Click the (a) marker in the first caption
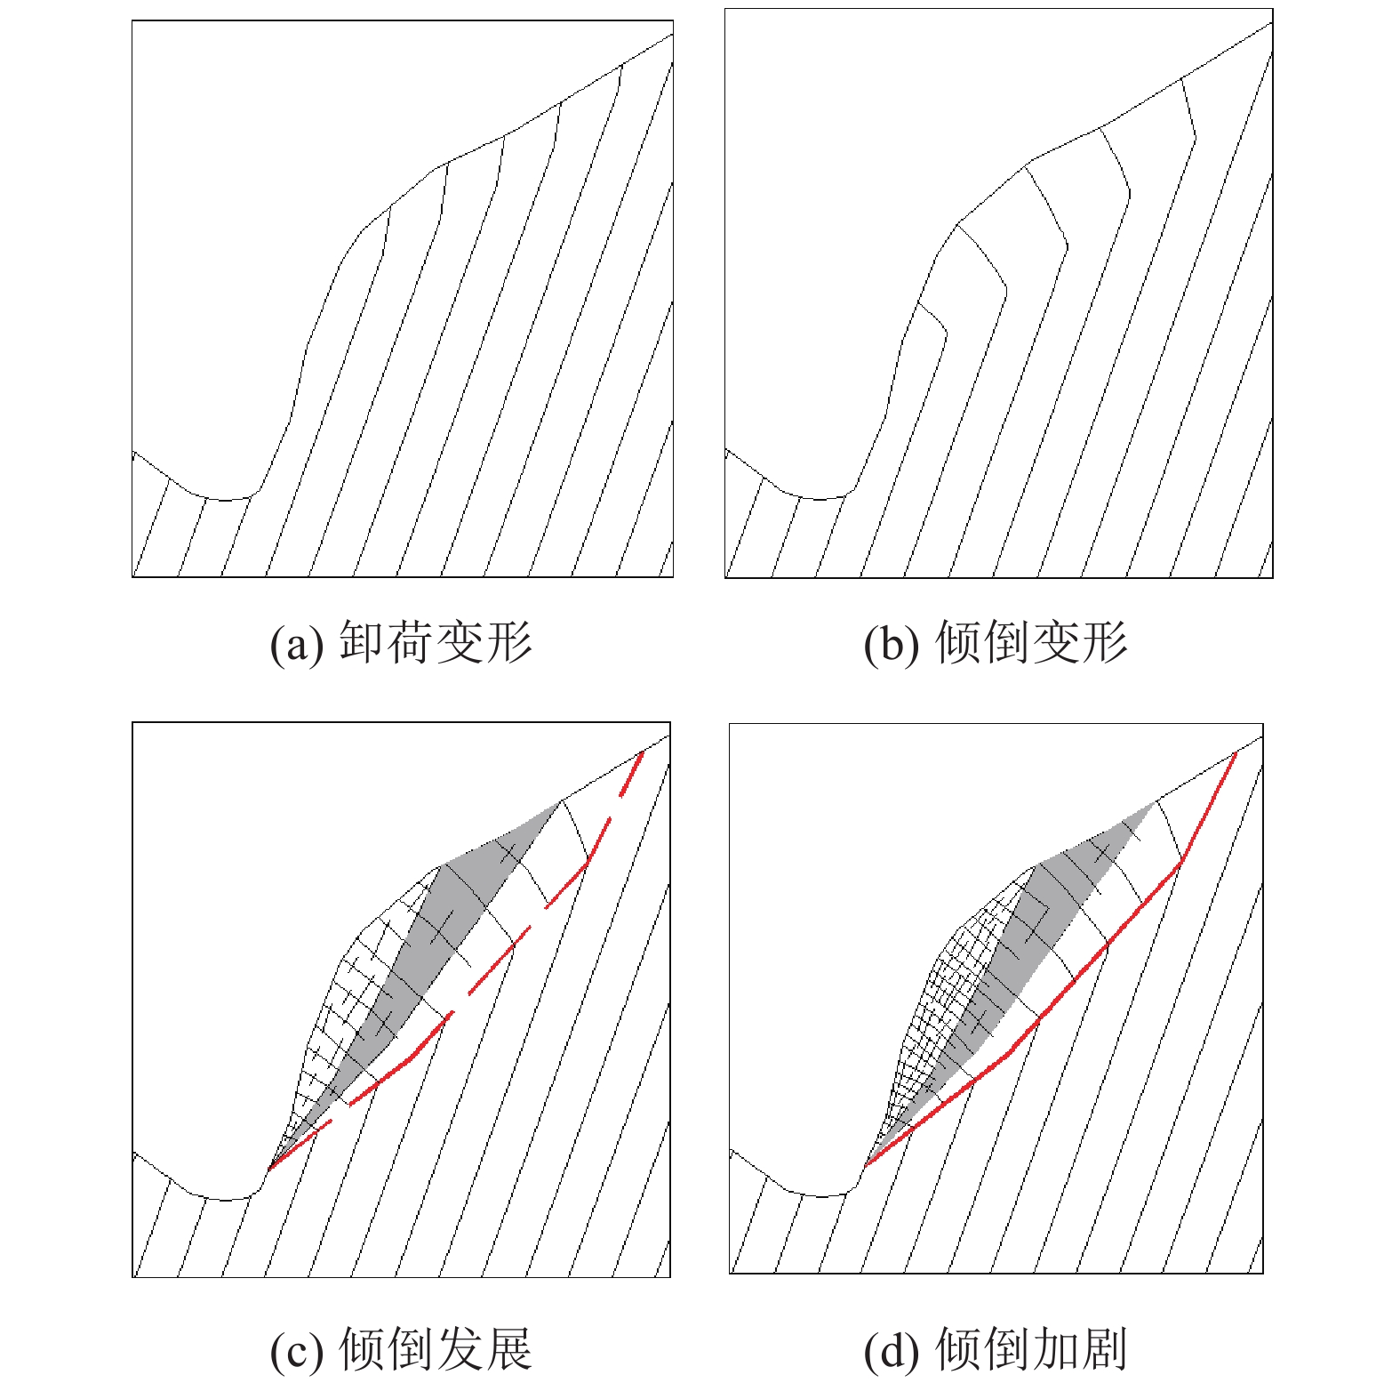click(x=296, y=643)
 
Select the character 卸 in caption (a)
click(x=362, y=641)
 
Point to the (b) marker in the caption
click(x=891, y=643)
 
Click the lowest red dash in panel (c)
click(x=300, y=1143)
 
